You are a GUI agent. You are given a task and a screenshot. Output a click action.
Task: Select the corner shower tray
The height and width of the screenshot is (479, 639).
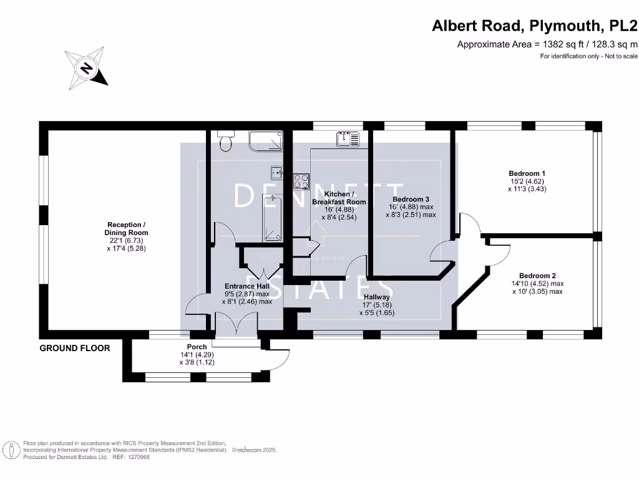click(265, 142)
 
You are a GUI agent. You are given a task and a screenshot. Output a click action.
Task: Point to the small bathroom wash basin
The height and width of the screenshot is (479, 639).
click(275, 172)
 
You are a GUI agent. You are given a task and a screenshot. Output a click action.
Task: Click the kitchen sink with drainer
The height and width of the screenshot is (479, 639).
click(348, 139)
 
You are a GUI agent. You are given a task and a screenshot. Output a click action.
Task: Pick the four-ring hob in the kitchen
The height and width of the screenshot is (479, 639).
click(302, 181)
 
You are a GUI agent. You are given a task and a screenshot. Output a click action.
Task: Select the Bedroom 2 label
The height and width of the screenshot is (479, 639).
click(537, 276)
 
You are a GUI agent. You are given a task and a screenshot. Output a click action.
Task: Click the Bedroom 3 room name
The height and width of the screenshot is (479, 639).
click(411, 200)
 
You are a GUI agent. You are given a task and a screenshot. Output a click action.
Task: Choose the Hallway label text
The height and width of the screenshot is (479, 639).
click(376, 297)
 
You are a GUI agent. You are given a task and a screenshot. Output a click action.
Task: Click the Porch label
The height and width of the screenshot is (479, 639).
click(197, 347)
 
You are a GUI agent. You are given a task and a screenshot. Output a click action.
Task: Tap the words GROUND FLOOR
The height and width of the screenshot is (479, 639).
click(75, 348)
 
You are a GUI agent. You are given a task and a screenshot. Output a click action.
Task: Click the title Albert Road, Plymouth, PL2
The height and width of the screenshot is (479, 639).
click(535, 26)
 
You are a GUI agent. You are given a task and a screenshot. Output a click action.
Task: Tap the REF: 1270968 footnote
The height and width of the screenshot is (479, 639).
click(130, 457)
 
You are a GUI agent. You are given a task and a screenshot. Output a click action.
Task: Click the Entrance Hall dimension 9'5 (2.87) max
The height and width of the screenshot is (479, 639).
click(246, 294)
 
